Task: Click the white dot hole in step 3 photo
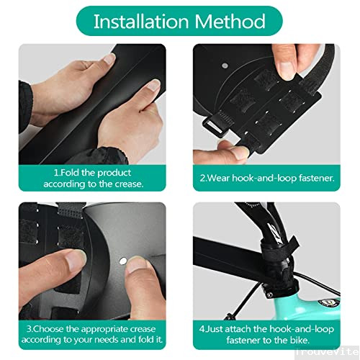click(123, 258)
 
